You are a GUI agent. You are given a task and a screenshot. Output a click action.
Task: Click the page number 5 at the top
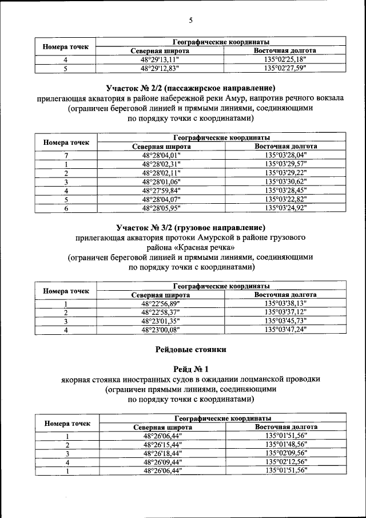click(191, 21)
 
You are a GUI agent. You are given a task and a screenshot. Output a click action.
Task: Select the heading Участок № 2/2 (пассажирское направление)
click(191, 88)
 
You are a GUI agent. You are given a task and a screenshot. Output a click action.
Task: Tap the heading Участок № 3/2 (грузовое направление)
click(190, 227)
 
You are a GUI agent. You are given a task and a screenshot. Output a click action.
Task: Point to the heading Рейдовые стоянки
click(191, 349)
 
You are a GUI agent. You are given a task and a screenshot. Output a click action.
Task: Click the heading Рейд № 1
click(191, 369)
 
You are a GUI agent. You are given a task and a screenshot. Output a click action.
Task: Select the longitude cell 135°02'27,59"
click(285, 68)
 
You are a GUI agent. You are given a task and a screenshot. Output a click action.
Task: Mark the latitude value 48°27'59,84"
click(161, 190)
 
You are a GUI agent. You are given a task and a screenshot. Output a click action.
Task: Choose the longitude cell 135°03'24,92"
click(286, 208)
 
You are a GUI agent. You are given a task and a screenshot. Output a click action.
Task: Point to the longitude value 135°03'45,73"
click(286, 321)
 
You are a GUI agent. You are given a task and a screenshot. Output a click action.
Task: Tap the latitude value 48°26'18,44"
click(162, 453)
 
